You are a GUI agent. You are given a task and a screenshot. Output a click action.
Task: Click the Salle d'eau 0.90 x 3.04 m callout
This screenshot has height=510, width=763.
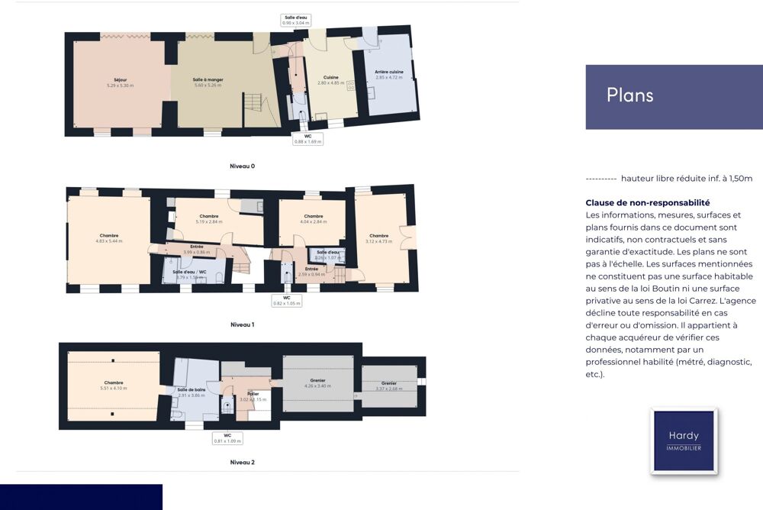(295, 20)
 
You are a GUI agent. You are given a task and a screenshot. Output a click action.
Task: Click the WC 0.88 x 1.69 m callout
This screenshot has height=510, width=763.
(307, 138)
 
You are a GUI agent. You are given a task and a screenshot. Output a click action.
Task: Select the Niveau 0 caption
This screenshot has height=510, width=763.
(242, 166)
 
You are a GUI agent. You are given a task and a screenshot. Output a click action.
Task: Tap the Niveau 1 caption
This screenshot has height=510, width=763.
(242, 324)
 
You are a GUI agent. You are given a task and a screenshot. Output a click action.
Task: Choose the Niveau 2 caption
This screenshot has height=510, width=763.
(242, 462)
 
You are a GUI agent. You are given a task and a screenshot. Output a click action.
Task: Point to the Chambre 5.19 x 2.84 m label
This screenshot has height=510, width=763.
(208, 218)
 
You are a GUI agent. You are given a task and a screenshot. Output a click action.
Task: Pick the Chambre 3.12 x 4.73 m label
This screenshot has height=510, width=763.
(378, 238)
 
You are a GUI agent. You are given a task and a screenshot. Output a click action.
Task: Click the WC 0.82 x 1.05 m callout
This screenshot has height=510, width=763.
(286, 300)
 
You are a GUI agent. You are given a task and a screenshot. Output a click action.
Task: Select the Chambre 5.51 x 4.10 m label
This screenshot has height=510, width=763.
(113, 386)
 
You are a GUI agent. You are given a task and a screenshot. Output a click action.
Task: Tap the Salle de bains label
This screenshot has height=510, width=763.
(192, 392)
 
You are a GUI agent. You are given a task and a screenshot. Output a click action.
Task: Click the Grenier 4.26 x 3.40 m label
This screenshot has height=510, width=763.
(317, 382)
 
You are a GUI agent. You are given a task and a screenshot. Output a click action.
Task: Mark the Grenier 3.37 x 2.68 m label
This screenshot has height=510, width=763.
(388, 385)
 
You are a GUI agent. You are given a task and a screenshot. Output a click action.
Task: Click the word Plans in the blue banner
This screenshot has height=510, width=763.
(629, 95)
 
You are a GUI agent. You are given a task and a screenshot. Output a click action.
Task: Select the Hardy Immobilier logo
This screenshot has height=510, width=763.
(684, 441)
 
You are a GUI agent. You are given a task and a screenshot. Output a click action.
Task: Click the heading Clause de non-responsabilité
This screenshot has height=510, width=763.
(647, 202)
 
